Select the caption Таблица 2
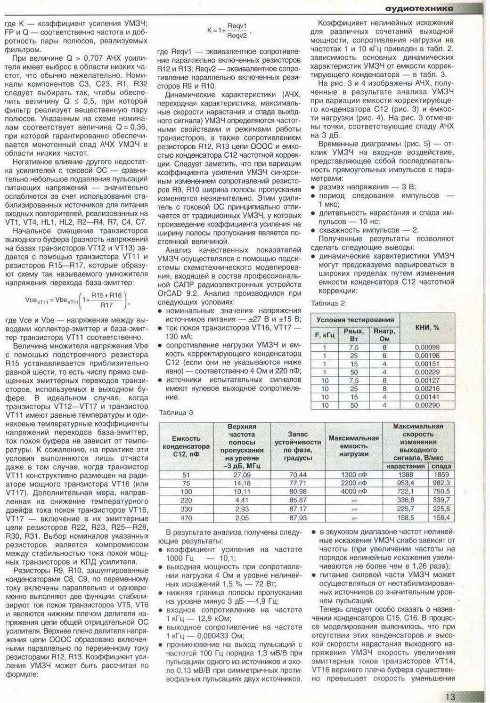[328, 303]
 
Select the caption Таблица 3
[176, 412]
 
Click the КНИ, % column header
[427, 328]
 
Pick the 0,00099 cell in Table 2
[427, 347]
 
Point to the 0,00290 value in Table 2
[427, 405]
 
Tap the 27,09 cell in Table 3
[242, 475]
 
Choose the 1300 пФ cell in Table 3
[354, 475]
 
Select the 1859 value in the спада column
[441, 475]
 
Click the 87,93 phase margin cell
[298, 517]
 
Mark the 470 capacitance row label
[186, 517]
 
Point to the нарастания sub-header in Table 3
[406, 466]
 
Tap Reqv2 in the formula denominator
[237, 36]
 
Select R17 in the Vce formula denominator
[106, 305]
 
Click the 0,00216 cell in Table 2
[427, 388]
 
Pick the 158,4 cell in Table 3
[441, 517]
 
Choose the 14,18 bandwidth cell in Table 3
[242, 484]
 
